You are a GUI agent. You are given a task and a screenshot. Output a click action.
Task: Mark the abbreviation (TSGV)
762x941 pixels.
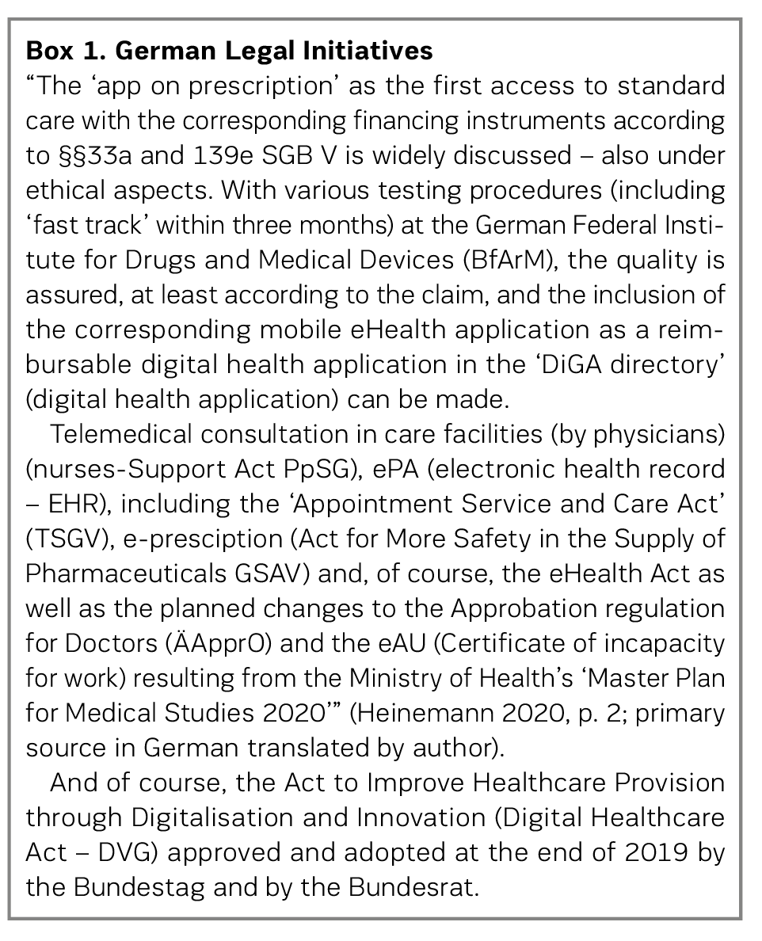pyautogui.click(x=63, y=538)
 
